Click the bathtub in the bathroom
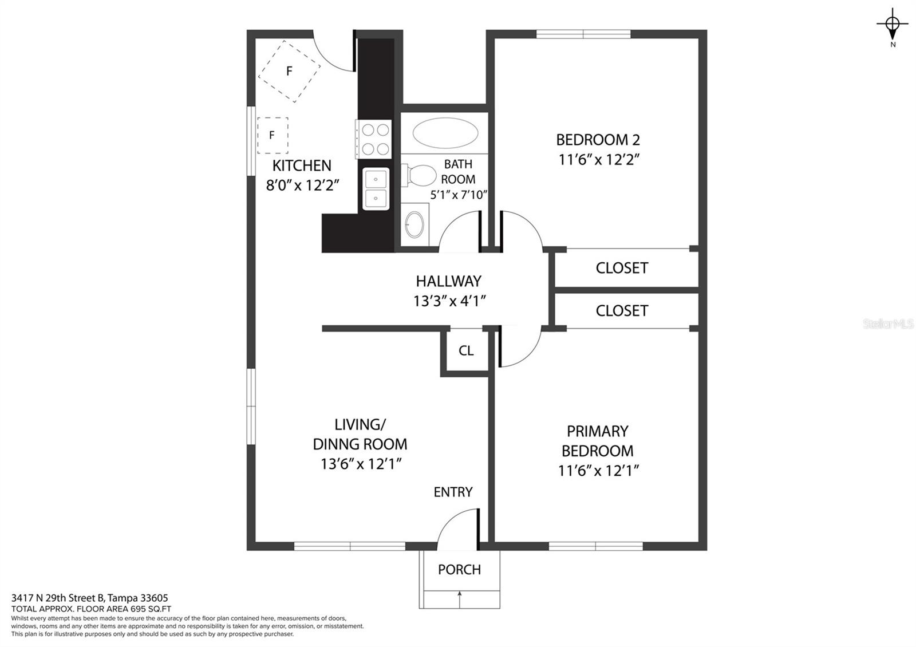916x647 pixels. (x=445, y=133)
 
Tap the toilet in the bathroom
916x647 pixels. (x=418, y=175)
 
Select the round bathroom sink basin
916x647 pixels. (x=414, y=224)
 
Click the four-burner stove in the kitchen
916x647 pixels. (x=373, y=139)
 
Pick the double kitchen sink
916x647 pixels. (x=376, y=189)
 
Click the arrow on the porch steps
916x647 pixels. (x=459, y=599)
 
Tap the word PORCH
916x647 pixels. (x=459, y=570)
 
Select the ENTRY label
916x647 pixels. (x=453, y=492)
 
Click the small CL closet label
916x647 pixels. (x=466, y=350)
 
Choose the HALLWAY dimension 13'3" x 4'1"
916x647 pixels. (x=449, y=301)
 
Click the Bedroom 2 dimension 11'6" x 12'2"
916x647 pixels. (x=598, y=160)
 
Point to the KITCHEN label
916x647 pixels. (x=302, y=165)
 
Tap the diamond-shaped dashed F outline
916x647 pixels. (x=289, y=72)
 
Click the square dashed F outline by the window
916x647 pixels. (x=273, y=135)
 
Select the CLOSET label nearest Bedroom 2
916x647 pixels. (x=622, y=269)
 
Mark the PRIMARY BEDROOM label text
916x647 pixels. (x=598, y=441)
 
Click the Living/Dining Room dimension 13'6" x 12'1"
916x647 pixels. (x=360, y=464)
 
